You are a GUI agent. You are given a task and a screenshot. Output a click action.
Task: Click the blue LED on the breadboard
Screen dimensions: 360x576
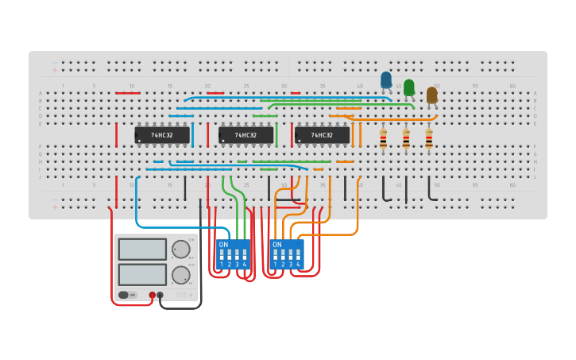click(x=386, y=79)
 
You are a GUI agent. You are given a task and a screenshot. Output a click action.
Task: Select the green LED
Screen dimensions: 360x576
click(x=408, y=87)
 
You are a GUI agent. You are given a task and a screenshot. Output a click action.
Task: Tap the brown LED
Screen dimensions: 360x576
click(x=431, y=95)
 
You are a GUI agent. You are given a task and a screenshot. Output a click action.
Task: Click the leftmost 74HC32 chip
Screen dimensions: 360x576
click(x=162, y=135)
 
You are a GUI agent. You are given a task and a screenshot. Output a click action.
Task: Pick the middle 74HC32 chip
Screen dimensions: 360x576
click(x=245, y=135)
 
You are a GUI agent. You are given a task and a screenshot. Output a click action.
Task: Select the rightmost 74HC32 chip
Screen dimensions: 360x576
click(x=322, y=135)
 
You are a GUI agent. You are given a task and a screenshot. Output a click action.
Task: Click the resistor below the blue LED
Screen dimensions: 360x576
click(x=383, y=140)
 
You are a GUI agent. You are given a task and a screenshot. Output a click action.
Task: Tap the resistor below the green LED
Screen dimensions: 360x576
click(x=406, y=140)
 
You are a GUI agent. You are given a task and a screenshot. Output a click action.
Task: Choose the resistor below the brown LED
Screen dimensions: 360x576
click(x=429, y=140)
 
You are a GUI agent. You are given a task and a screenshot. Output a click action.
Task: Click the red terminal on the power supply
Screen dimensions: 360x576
click(x=152, y=295)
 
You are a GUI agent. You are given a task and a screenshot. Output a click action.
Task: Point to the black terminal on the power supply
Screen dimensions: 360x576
click(x=160, y=295)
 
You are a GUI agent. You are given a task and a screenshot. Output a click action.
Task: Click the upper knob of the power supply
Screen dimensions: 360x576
click(x=181, y=249)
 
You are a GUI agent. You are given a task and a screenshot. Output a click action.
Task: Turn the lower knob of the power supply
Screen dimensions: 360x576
click(x=180, y=275)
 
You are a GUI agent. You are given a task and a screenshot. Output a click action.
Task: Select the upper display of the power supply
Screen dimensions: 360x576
click(x=142, y=250)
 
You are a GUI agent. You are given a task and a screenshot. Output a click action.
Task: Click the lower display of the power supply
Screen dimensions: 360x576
click(x=142, y=275)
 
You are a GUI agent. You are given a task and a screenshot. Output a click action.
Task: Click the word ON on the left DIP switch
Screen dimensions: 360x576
click(x=223, y=244)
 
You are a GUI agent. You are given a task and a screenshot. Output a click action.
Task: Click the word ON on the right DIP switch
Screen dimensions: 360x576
click(x=276, y=244)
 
